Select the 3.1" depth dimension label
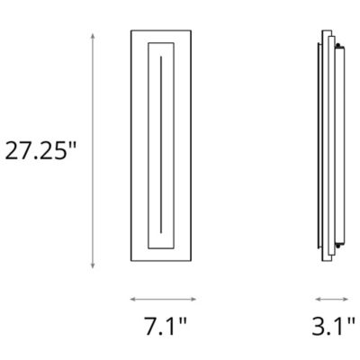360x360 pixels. click(330, 327)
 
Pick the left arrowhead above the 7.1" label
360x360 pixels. click(132, 299)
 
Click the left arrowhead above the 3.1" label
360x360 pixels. click(317, 299)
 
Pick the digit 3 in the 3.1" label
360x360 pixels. click(319, 327)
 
